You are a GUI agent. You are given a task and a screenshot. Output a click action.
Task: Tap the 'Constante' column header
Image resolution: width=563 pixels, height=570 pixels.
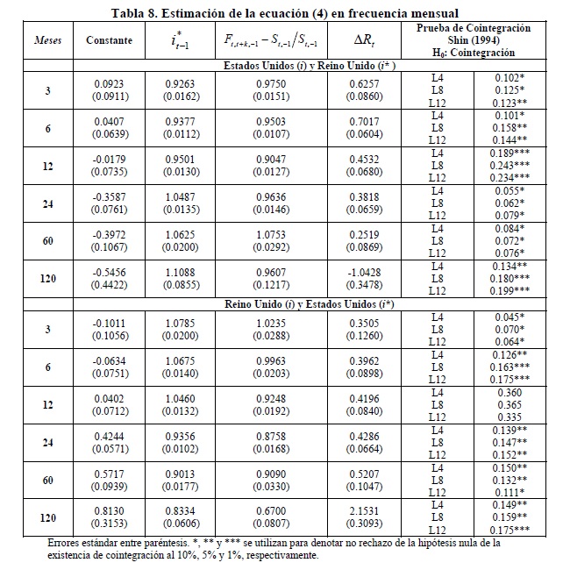tap(110, 40)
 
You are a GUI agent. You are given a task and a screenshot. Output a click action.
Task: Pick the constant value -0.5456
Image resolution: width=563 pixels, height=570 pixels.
tap(110, 273)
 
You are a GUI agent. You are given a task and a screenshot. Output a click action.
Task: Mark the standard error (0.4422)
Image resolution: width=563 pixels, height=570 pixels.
tap(110, 285)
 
